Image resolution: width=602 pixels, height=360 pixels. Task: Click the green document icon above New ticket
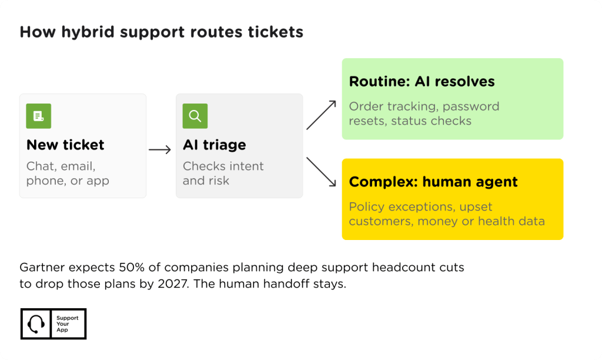point(38,116)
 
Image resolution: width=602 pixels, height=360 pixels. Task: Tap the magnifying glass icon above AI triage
point(195,116)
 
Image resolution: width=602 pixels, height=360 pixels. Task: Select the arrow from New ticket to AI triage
point(160,149)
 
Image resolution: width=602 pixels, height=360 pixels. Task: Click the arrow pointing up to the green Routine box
point(322,115)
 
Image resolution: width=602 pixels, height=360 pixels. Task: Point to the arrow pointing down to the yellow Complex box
point(322,172)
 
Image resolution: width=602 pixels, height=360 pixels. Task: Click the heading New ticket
point(65,145)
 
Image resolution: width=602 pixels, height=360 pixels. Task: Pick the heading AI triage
point(214,145)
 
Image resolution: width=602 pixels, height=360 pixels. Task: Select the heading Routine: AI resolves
point(422,81)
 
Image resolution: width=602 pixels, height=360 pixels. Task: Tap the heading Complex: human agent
point(433,182)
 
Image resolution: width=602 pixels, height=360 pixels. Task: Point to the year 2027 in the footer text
point(173,284)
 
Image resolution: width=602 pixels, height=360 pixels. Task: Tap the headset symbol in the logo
point(36,324)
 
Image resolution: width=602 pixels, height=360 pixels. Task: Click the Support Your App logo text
point(67,324)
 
